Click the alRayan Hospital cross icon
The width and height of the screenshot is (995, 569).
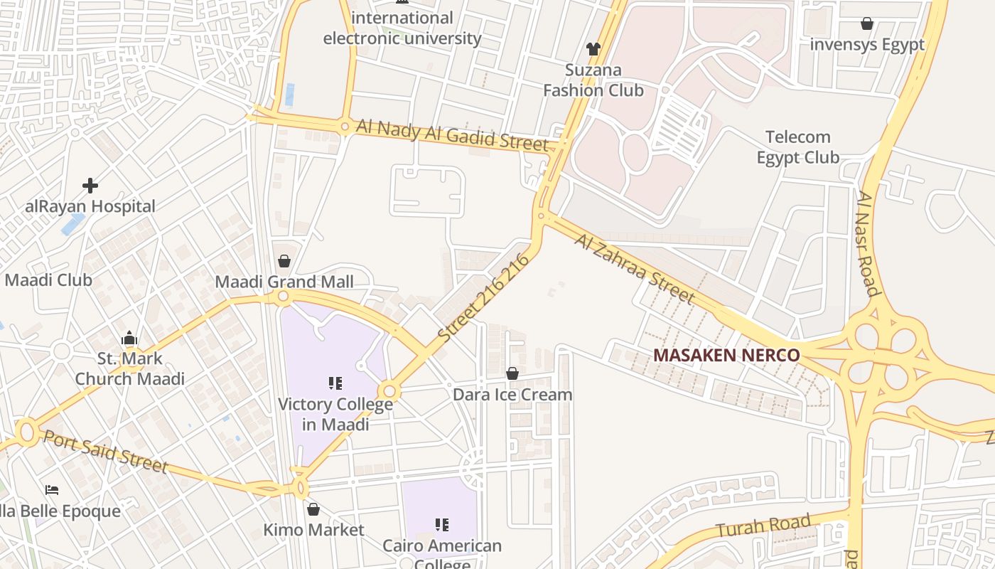[90, 186]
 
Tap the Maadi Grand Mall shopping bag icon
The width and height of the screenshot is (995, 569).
[284, 261]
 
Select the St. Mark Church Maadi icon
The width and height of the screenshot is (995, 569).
[129, 338]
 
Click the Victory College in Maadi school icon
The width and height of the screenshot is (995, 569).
[335, 384]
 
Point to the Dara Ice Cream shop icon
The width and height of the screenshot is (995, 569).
[512, 373]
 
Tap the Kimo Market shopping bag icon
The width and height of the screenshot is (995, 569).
[313, 509]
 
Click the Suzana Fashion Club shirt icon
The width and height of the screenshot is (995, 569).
[593, 49]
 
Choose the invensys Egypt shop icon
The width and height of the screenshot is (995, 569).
[867, 23]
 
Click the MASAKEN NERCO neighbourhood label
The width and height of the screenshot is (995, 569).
[726, 355]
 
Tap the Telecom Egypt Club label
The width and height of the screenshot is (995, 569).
[797, 147]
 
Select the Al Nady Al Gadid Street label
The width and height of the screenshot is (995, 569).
[453, 134]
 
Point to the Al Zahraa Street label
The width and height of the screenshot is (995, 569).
[634, 268]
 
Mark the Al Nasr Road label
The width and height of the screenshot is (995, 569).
[868, 243]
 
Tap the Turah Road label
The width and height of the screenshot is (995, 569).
[763, 526]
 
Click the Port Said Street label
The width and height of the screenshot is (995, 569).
[105, 451]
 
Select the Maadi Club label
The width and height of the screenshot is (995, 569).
[48, 280]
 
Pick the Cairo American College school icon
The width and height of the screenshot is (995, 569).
[442, 525]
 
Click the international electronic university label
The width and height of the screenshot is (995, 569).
[402, 28]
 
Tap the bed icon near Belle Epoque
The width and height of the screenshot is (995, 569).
[52, 490]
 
